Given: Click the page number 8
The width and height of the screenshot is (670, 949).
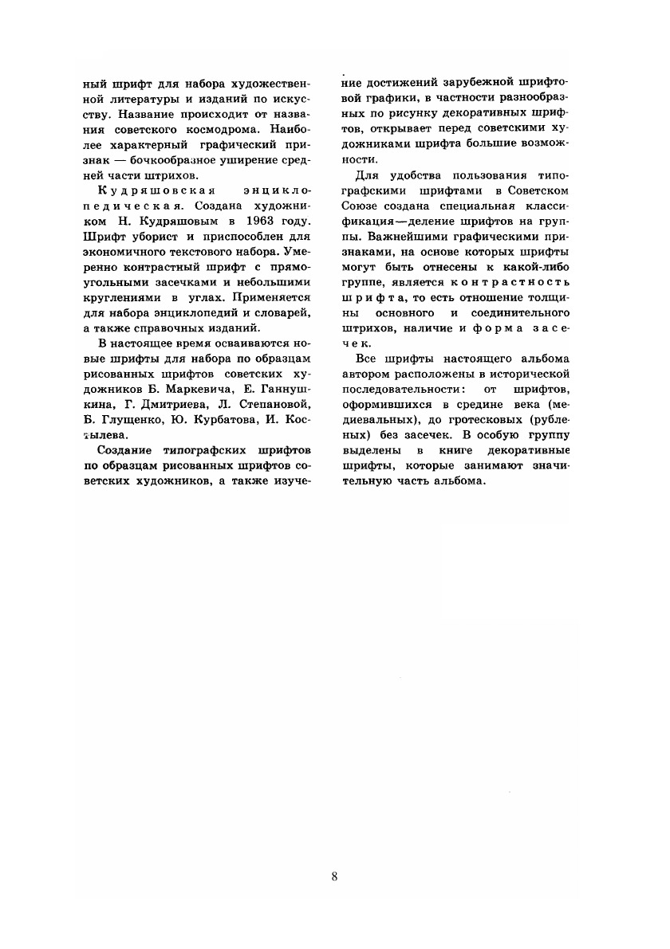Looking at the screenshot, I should point(334,877).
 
